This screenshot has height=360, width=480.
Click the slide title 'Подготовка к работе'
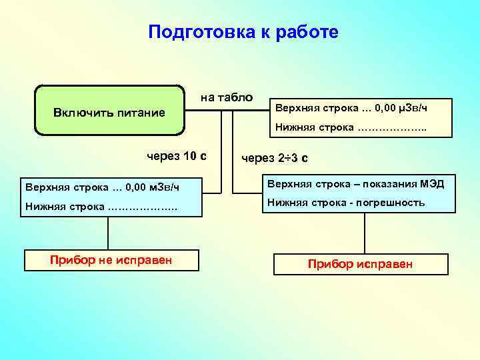coord(243,32)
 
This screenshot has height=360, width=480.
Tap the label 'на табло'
coord(227,97)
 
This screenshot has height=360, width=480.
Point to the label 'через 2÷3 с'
coord(275,158)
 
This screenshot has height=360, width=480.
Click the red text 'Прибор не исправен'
coord(111,259)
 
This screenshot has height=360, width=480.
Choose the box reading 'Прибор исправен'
coord(360,264)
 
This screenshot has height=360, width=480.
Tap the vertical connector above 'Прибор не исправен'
coord(109,233)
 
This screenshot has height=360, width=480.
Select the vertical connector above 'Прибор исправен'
coord(363,235)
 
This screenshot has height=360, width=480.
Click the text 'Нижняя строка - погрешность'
coord(346,203)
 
